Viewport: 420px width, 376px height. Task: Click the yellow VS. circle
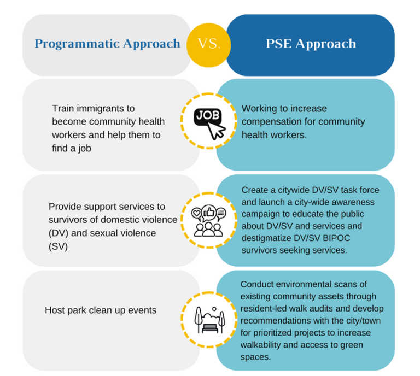tap(208, 44)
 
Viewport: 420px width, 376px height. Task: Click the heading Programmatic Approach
tap(107, 44)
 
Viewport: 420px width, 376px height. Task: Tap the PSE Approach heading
tap(311, 44)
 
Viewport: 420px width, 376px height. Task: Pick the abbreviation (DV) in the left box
tap(60, 233)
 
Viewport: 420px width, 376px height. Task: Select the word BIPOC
tap(324, 238)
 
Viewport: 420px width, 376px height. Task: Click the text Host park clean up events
tap(101, 310)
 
